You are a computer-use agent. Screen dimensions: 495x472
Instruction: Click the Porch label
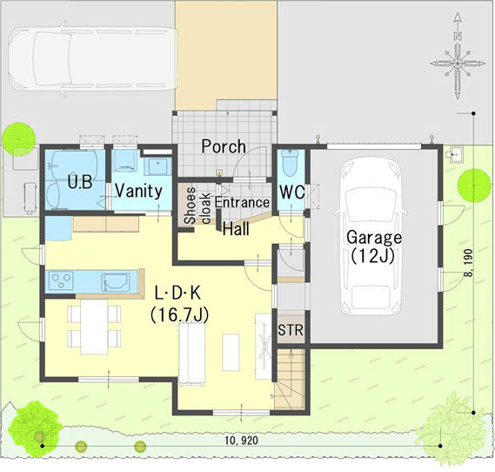click(x=224, y=146)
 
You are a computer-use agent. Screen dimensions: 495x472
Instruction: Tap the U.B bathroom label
click(x=80, y=182)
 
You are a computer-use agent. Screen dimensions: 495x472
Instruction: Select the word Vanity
click(x=138, y=191)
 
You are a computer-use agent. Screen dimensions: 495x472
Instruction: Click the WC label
click(x=292, y=192)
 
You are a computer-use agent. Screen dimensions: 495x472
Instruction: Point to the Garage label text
click(x=374, y=238)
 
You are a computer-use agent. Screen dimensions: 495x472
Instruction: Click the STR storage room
click(x=291, y=330)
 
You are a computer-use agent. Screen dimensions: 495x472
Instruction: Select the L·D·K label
click(x=177, y=293)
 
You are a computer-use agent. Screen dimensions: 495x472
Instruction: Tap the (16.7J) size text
click(x=179, y=315)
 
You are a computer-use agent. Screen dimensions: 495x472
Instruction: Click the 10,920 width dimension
click(x=242, y=440)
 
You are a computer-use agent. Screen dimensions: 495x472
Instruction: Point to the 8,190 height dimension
click(x=469, y=263)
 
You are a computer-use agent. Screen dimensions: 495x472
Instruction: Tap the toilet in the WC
click(x=290, y=162)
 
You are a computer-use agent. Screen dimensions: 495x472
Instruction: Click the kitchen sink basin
click(x=116, y=282)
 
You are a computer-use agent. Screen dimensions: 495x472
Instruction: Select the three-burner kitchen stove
click(x=61, y=281)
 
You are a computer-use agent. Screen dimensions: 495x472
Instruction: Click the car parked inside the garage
click(x=371, y=237)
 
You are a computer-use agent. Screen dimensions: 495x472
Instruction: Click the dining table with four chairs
click(x=94, y=327)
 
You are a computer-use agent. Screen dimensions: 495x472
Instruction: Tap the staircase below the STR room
click(x=290, y=379)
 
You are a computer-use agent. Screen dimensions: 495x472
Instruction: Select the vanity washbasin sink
click(x=157, y=167)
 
